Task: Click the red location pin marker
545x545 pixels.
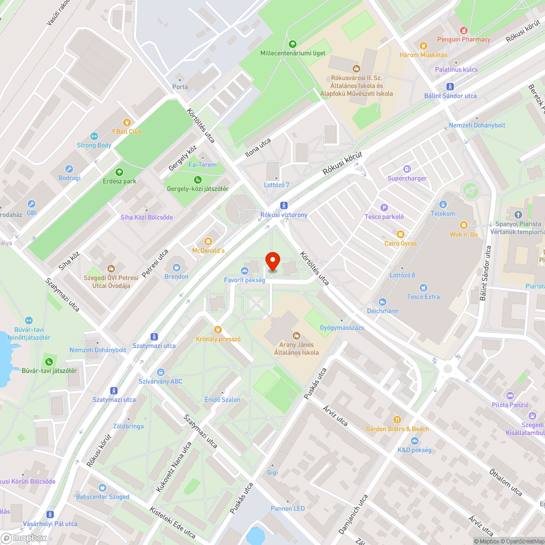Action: pyautogui.click(x=272, y=262)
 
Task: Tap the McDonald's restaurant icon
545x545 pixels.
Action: pyautogui.click(x=208, y=241)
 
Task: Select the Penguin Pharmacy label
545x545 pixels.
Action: pyautogui.click(x=464, y=39)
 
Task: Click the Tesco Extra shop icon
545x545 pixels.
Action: pyautogui.click(x=423, y=288)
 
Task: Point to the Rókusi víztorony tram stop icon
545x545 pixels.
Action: pyautogui.click(x=283, y=205)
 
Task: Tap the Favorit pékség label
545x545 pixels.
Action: pyautogui.click(x=245, y=280)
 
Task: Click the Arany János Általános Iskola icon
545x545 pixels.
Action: pyautogui.click(x=296, y=335)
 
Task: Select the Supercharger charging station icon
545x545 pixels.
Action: pyautogui.click(x=407, y=169)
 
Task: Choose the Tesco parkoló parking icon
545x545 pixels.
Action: pyautogui.click(x=384, y=207)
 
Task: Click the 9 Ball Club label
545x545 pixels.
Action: pyautogui.click(x=126, y=131)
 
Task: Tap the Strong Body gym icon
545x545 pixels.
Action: pyautogui.click(x=94, y=136)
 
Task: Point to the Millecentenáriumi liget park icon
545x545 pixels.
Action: pyautogui.click(x=293, y=44)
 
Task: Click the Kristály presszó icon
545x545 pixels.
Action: pyautogui.click(x=218, y=329)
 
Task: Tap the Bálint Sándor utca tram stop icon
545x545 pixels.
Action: pyautogui.click(x=450, y=87)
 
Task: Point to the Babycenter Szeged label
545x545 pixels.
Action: pyautogui.click(x=102, y=496)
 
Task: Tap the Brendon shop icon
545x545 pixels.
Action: pyautogui.click(x=177, y=267)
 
